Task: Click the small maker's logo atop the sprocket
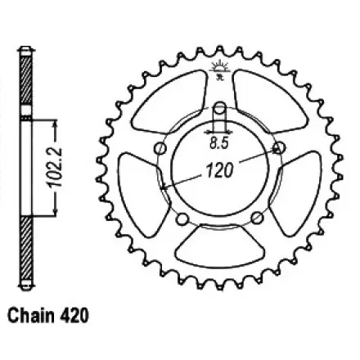(x=217, y=68)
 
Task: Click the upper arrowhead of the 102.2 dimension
(x=55, y=123)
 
